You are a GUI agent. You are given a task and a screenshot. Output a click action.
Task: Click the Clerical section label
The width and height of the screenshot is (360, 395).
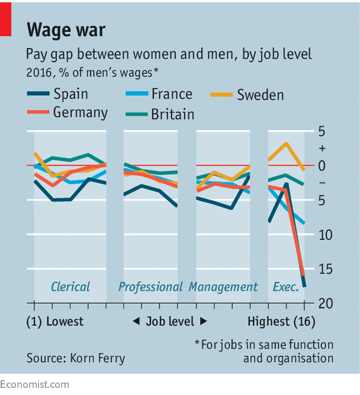[x=70, y=287]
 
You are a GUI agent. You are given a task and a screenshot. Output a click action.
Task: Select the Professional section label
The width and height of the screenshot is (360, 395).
[x=150, y=287]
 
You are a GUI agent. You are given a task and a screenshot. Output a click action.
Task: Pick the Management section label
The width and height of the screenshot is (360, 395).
[x=223, y=287]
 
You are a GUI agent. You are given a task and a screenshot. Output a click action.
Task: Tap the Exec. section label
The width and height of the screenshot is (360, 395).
[x=285, y=287]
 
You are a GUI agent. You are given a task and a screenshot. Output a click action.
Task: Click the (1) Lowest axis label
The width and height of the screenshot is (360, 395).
[x=55, y=322]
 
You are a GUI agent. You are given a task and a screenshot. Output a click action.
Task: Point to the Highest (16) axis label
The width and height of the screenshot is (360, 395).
[x=281, y=322]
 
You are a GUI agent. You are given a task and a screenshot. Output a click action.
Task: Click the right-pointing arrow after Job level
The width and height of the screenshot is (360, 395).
[x=204, y=322]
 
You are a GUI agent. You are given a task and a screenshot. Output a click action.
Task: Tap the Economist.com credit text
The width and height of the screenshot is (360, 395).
[x=34, y=384]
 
